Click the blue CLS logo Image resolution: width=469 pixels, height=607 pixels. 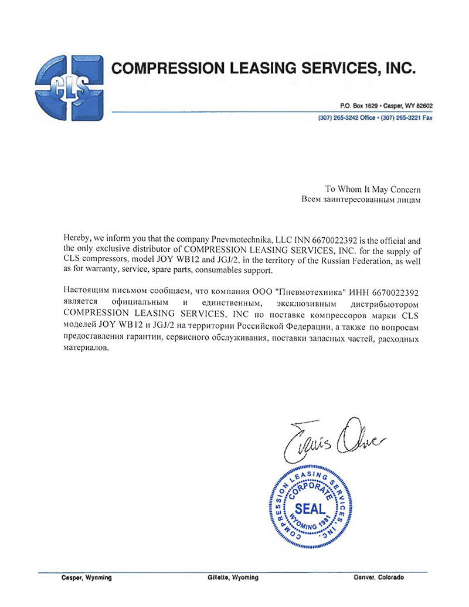pyautogui.click(x=69, y=86)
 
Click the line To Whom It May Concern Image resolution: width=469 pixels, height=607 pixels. pyautogui.click(x=373, y=189)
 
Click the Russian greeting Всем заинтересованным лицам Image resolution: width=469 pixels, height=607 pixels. pyautogui.click(x=360, y=200)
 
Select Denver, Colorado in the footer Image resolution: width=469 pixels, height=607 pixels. pyautogui.click(x=379, y=578)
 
